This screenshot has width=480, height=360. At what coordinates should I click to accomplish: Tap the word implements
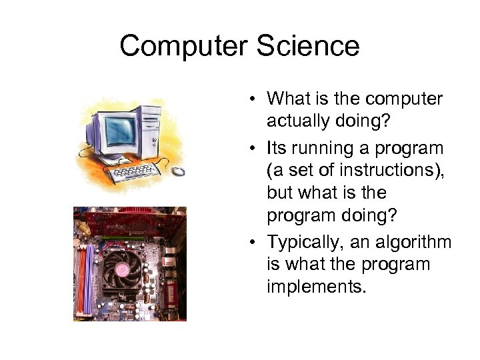point(317,288)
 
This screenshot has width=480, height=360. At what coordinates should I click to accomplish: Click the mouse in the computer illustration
point(178,171)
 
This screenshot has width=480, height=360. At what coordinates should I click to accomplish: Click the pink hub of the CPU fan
point(123,269)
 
